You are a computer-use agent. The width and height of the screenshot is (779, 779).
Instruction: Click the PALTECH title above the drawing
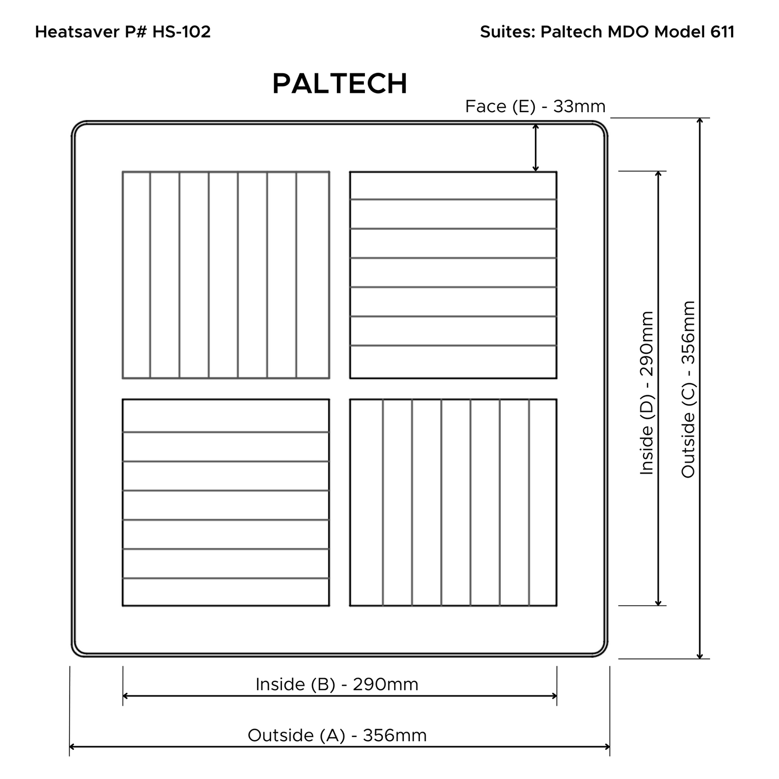click(x=340, y=84)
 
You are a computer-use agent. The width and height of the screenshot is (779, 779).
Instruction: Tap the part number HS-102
click(x=182, y=31)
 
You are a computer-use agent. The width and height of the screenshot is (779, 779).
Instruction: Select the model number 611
click(x=722, y=31)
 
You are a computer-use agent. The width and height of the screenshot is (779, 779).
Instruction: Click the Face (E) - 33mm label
click(x=535, y=106)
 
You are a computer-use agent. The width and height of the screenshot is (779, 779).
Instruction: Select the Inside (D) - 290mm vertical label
click(x=647, y=394)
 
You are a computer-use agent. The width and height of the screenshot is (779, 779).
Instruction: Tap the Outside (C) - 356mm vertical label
click(x=688, y=389)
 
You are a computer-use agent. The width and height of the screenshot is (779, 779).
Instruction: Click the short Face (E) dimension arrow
click(x=535, y=148)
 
